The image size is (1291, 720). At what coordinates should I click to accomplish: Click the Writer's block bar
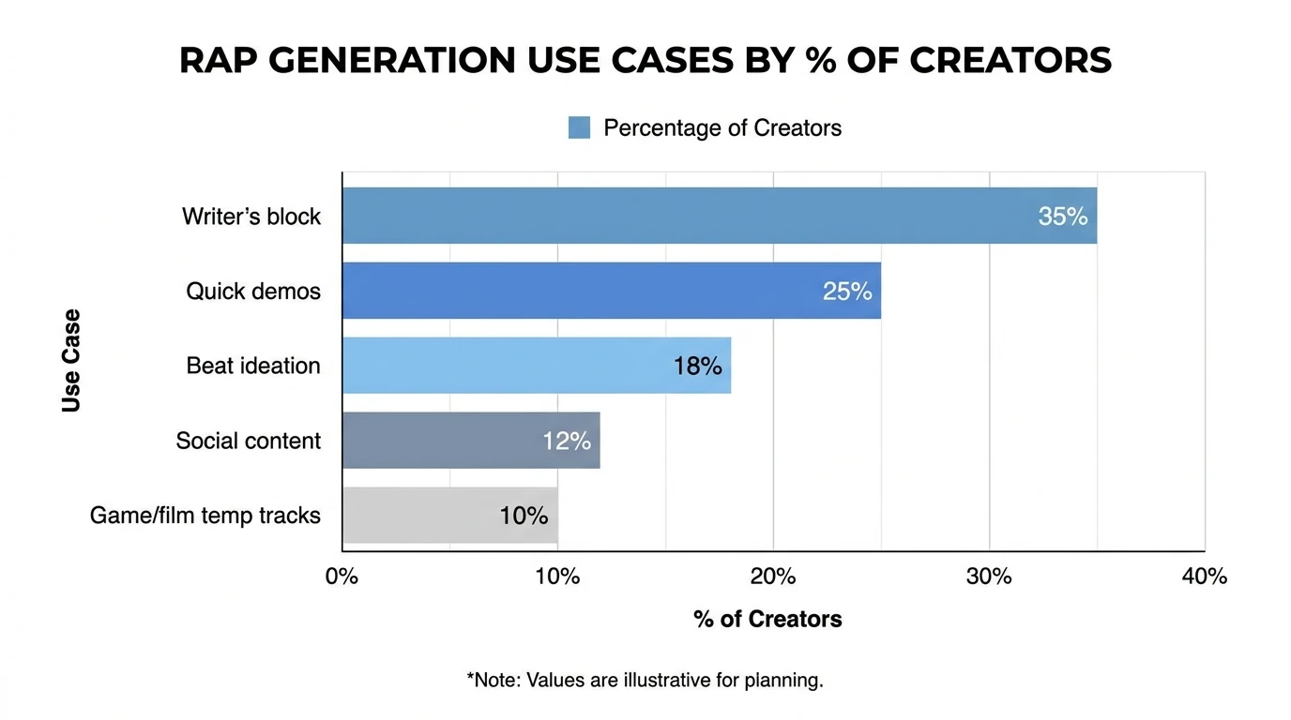tap(719, 216)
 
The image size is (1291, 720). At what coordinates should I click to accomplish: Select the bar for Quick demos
tap(611, 291)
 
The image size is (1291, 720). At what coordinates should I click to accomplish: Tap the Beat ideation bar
tap(536, 366)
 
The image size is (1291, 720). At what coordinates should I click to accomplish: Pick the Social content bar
tap(470, 441)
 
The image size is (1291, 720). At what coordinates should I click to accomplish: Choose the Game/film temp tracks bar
tap(449, 516)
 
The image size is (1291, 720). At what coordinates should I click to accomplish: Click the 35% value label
tap(1062, 217)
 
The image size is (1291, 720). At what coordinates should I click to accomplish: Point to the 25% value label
tap(846, 292)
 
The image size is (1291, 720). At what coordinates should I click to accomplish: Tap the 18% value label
tap(697, 367)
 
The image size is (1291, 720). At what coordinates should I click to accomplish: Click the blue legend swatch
tap(579, 127)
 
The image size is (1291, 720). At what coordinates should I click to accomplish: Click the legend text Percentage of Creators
tap(721, 127)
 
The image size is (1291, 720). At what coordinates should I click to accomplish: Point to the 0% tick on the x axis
tap(342, 577)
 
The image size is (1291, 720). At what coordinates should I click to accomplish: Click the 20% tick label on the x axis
tap(773, 577)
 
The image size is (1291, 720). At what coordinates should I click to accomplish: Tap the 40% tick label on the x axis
tap(1204, 577)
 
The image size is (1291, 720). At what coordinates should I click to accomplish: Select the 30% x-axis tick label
tap(989, 577)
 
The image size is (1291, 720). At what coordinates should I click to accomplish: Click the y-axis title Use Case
tap(71, 360)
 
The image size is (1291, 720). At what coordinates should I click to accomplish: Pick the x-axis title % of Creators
tap(767, 619)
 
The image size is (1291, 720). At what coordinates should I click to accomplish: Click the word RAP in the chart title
tap(220, 61)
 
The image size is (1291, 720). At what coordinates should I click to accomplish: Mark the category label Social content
tap(248, 441)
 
